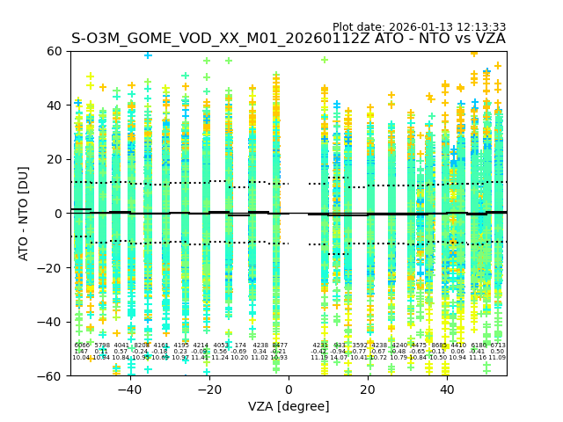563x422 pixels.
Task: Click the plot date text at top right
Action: pos(419,27)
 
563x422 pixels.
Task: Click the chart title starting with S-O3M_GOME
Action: pos(288,40)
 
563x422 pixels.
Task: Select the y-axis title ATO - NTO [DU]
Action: pos(25,214)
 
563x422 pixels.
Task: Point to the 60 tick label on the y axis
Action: pos(54,51)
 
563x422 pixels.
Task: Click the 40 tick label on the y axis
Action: pos(54,105)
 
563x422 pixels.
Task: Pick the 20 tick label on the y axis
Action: pos(54,159)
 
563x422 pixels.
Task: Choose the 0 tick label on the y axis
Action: pos(57,214)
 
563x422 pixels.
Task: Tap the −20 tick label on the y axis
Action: pos(50,267)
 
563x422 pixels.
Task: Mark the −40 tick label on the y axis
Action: pos(50,322)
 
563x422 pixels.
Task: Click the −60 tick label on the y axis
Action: pos(50,375)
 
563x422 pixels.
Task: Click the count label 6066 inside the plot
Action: pos(82,346)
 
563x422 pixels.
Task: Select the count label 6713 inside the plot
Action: pos(498,346)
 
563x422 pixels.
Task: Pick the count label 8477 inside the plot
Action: pos(280,346)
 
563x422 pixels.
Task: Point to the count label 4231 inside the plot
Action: pos(320,346)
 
